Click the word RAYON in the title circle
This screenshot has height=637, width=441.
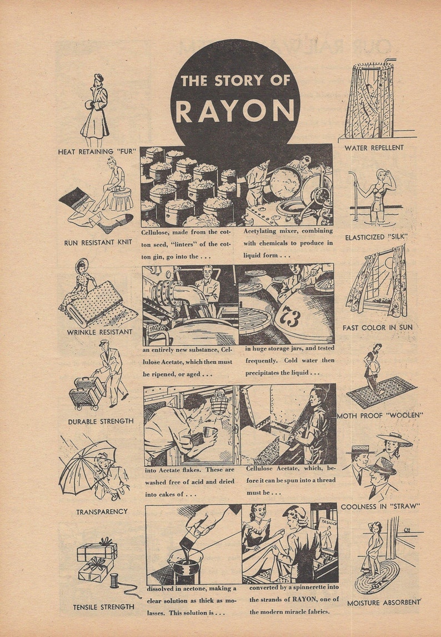coord(235,110)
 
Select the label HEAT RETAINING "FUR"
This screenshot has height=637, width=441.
coord(97,151)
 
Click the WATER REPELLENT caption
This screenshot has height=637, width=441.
coord(374,148)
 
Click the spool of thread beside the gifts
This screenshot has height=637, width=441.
coord(114,580)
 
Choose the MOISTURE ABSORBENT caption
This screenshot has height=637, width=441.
coord(384,603)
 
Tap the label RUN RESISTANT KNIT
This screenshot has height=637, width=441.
coord(98,242)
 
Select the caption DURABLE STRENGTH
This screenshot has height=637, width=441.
coord(101,421)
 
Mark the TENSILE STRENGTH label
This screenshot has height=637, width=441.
coord(103,607)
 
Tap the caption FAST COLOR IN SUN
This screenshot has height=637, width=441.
coord(377,327)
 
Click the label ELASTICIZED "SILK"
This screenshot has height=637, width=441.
coord(376,237)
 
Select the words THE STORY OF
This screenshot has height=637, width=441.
coord(235,81)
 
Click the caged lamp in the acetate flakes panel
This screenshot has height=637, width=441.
coord(220,402)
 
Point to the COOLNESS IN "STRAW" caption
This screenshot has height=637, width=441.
coord(380,506)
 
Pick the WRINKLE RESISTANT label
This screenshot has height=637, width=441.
coord(100,332)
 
